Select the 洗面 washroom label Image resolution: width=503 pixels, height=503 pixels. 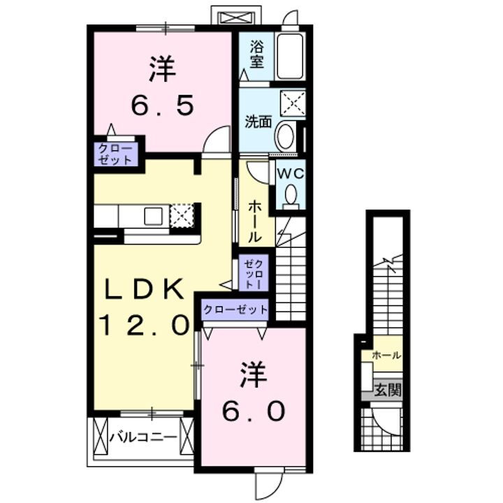click(257, 121)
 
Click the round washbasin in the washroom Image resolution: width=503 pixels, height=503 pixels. click(285, 136)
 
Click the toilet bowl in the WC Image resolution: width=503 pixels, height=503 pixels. click(291, 195)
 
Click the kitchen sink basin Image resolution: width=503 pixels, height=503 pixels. click(153, 216)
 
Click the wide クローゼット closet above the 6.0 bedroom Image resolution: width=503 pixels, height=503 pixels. click(235, 308)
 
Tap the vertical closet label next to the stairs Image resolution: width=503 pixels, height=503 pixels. click(251, 274)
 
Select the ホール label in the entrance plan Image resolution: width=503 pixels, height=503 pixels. click(386, 355)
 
